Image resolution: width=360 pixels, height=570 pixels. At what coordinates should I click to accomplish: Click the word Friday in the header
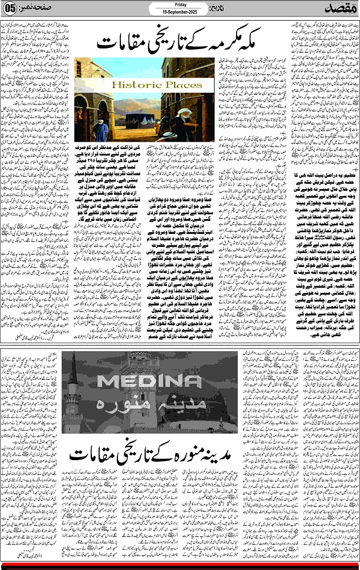click(x=180, y=4)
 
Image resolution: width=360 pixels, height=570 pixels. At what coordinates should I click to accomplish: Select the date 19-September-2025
click(x=179, y=11)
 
